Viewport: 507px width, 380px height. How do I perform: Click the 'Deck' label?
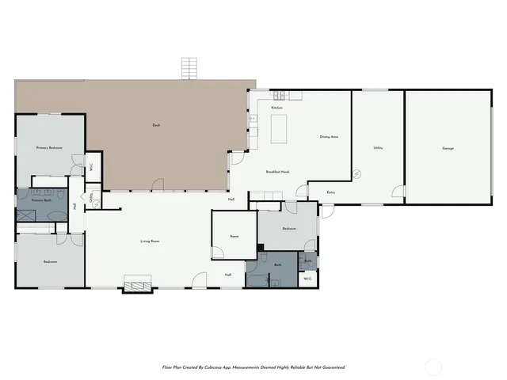pyautogui.click(x=156, y=125)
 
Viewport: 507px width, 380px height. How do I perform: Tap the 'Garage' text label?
pyautogui.click(x=448, y=149)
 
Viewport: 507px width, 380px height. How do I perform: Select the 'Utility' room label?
pyautogui.click(x=378, y=148)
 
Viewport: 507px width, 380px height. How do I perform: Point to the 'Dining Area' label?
pyautogui.click(x=330, y=137)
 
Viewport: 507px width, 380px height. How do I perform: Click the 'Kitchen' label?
pyautogui.click(x=277, y=108)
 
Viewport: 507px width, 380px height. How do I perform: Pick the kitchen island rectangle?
pyautogui.click(x=279, y=129)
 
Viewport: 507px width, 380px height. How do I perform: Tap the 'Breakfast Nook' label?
pyautogui.click(x=277, y=172)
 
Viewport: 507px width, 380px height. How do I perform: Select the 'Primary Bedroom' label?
pyautogui.click(x=49, y=148)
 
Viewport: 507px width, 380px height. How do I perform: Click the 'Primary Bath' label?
pyautogui.click(x=41, y=201)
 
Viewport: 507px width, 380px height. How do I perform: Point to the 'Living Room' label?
pyautogui.click(x=151, y=241)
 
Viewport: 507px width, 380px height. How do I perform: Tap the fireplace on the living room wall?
pyautogui.click(x=137, y=284)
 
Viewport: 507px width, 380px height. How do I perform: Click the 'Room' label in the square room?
pyautogui.click(x=234, y=236)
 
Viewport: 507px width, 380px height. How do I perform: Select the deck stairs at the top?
pyautogui.click(x=189, y=69)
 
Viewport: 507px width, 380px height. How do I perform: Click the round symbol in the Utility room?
pyautogui.click(x=357, y=173)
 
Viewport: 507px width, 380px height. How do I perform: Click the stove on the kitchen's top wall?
pyautogui.click(x=295, y=97)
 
